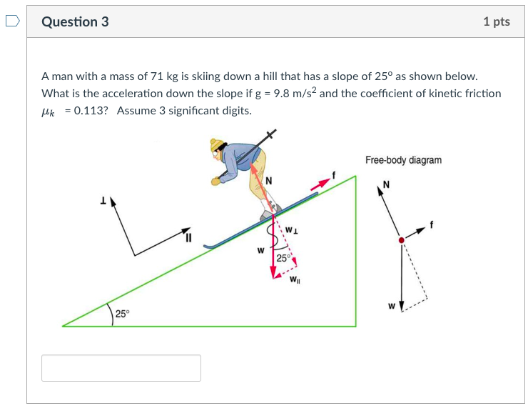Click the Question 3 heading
tap(75, 21)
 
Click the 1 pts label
tap(496, 21)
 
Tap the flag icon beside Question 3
tap(12, 21)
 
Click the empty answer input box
tap(121, 368)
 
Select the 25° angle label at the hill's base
tap(123, 314)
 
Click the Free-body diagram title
tap(403, 160)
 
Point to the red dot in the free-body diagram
tap(402, 240)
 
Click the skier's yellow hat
tap(218, 147)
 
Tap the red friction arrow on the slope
tap(321, 184)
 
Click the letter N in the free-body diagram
tap(386, 184)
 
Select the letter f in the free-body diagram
tap(431, 226)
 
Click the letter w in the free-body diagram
tap(392, 307)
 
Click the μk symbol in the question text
tap(50, 112)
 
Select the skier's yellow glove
tap(216, 181)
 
